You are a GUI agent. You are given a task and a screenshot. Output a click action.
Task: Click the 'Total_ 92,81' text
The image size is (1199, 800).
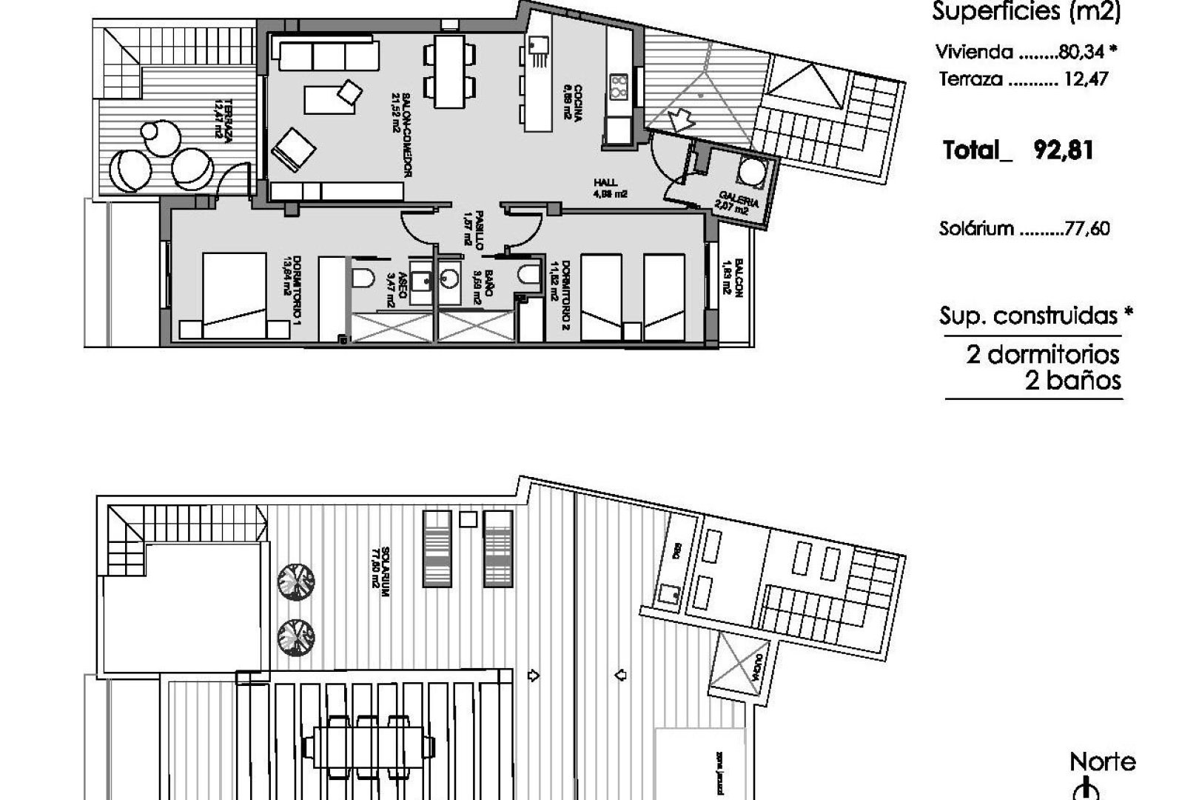pos(1018,151)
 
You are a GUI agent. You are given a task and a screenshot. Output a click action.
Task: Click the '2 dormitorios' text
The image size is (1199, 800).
pos(1042,355)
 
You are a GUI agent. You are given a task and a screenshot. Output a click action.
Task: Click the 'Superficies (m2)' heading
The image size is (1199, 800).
pos(1026,12)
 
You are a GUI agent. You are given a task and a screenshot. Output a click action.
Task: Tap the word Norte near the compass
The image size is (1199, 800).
pos(1103,761)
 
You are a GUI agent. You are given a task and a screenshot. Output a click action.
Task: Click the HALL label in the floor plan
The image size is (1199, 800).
pos(605,183)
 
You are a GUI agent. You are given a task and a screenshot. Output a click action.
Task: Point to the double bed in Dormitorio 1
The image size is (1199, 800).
pos(234,296)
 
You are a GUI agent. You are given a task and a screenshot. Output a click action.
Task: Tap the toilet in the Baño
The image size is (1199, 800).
pos(528,275)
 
